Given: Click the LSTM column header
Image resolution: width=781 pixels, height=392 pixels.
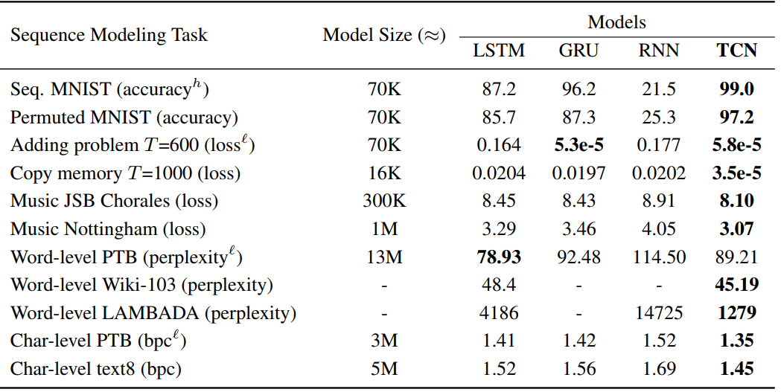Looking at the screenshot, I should tap(499, 51).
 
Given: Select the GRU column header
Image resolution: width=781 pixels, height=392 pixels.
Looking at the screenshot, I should tap(578, 51).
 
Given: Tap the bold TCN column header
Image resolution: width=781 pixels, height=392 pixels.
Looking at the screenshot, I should tap(736, 51).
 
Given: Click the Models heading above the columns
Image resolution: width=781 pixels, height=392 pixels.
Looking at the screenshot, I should tap(617, 22).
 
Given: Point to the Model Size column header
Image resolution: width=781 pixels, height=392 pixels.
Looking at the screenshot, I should tap(383, 35).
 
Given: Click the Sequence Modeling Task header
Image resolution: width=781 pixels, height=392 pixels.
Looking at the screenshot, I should tap(109, 35).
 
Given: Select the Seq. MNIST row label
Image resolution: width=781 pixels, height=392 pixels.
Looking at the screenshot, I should tap(109, 90).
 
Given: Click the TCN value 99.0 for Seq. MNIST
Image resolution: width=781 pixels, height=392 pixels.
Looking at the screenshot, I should tap(736, 90).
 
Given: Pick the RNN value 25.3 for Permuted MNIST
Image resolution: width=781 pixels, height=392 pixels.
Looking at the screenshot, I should tap(657, 118).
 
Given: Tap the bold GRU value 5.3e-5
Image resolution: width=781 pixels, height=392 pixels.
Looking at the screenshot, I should tap(578, 146).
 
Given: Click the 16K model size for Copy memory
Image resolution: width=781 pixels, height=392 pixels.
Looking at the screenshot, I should tap(384, 173).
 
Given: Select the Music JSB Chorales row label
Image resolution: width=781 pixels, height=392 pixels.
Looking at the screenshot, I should tap(114, 201).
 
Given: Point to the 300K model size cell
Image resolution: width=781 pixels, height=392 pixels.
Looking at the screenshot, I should tap(384, 201).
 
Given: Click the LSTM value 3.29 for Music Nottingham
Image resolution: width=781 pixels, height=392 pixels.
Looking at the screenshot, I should tap(499, 229).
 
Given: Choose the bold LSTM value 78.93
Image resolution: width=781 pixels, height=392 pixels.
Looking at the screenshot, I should tap(499, 257).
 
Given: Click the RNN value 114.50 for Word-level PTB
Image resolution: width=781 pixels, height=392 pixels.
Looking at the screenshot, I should tap(657, 257).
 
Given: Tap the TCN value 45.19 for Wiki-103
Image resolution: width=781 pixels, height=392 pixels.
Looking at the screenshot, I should tap(736, 285).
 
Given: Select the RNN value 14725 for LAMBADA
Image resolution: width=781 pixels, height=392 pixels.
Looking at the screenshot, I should tap(657, 313).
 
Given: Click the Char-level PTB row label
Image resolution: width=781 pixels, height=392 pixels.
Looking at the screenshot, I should tap(96, 341).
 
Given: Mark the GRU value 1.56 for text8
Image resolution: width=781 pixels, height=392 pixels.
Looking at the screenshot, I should tap(578, 368).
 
